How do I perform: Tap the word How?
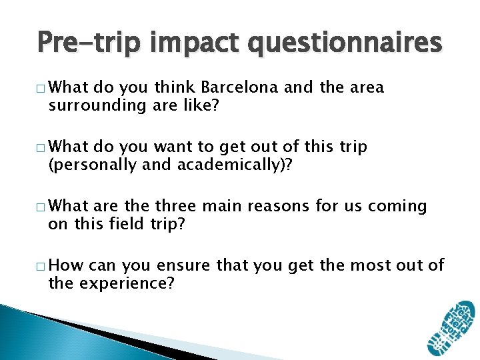click(x=66, y=266)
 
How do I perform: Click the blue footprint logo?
click(x=451, y=329)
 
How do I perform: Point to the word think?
click(x=175, y=88)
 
